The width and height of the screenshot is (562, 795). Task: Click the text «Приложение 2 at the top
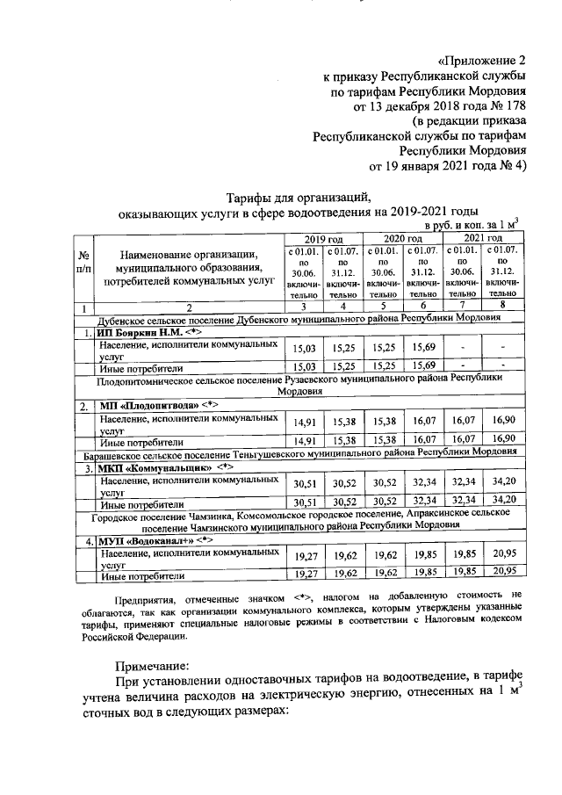pos(481,61)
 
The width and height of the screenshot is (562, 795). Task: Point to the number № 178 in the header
pos(502,106)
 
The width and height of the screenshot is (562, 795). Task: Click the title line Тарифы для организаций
pos(299,197)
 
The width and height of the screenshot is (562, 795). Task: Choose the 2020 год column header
pos(403,238)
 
